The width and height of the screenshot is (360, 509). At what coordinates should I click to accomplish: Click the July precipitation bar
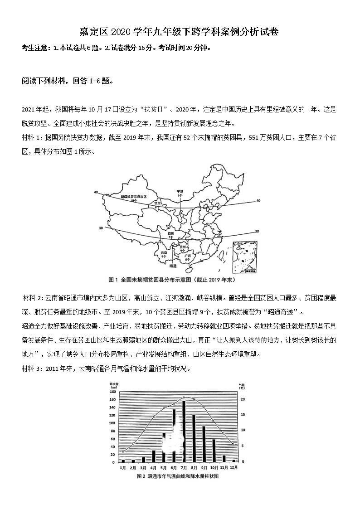[184, 431]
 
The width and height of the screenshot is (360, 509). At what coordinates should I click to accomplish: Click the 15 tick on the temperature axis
[243, 415]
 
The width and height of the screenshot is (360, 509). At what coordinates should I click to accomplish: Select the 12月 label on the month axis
[234, 467]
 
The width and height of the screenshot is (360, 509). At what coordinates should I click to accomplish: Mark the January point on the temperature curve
[123, 451]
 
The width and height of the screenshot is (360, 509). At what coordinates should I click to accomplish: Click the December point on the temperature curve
[234, 444]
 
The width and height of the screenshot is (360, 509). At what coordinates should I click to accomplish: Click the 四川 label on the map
[171, 233]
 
